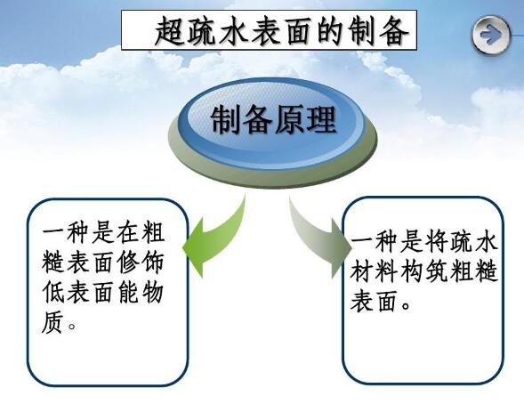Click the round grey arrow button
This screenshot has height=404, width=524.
click(491, 36)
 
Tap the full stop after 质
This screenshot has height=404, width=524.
click(74, 327)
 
